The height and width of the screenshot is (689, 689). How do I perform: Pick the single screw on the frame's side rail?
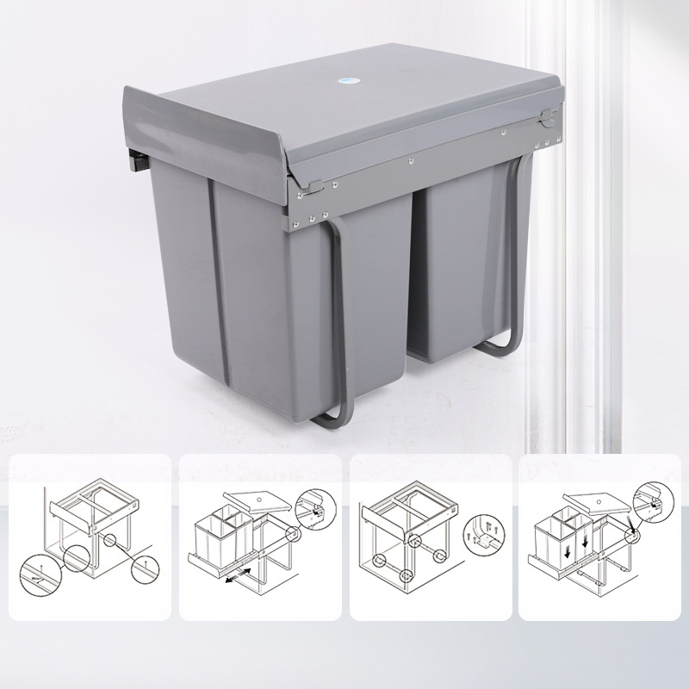click(410, 159)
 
